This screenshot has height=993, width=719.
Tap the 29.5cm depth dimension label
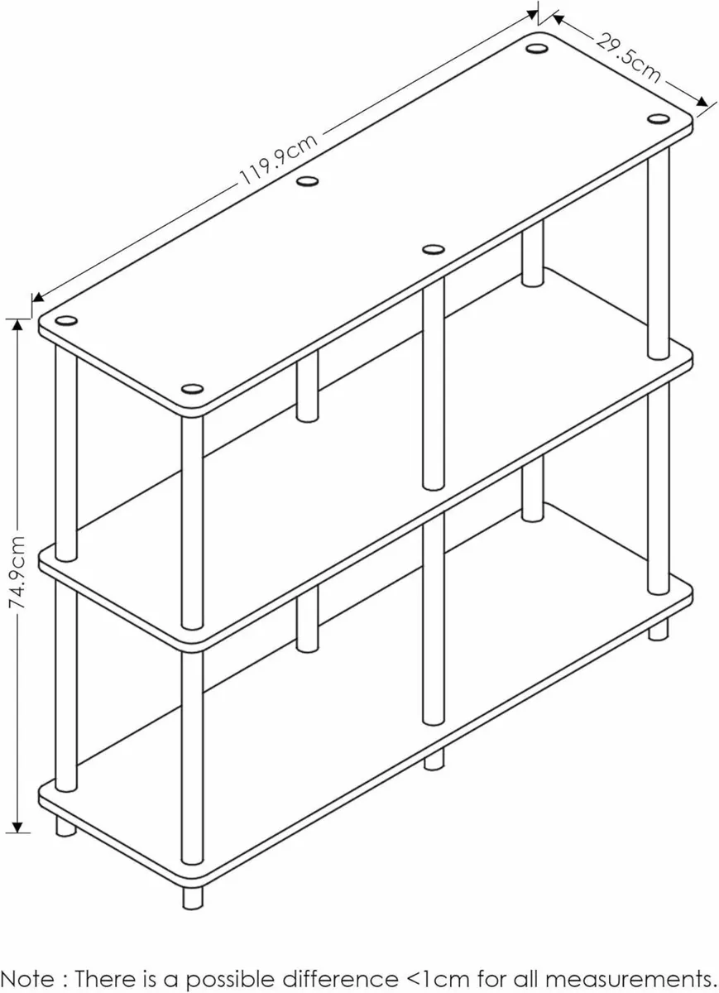tap(630, 57)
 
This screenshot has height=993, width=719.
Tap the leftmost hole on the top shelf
tap(67, 321)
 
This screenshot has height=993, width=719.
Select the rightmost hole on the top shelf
tap(658, 120)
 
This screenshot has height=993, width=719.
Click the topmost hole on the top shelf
tap(536, 47)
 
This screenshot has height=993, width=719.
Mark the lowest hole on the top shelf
tap(192, 389)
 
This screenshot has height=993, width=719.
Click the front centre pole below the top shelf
tap(433, 385)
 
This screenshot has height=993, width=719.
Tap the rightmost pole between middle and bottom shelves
tap(659, 488)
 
